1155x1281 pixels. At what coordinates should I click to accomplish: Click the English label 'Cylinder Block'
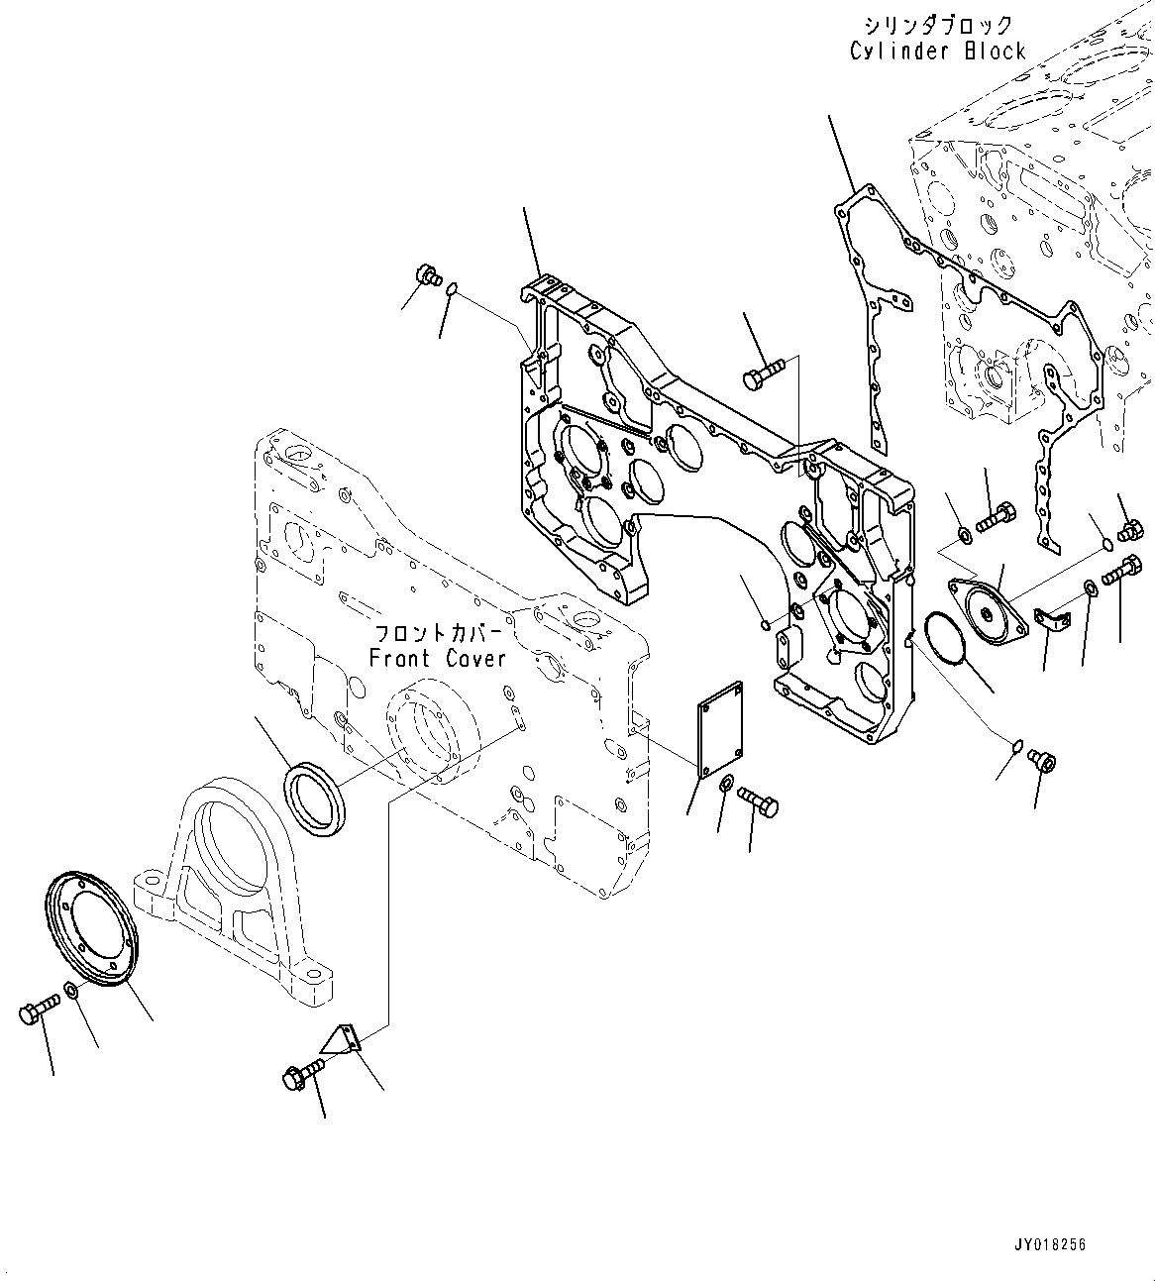(937, 51)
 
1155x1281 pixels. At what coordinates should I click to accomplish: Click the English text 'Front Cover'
(438, 658)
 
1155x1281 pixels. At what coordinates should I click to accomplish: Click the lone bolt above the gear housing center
(763, 374)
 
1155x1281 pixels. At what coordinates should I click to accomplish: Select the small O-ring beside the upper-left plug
(451, 289)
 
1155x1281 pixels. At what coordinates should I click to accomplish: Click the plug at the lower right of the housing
(1042, 760)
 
